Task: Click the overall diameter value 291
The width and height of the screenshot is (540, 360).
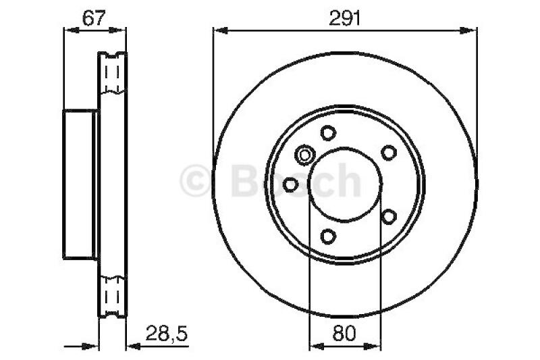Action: tap(344, 19)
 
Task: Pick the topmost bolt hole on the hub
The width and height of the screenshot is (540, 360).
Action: tap(328, 132)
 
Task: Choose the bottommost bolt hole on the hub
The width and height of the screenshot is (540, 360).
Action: tap(328, 236)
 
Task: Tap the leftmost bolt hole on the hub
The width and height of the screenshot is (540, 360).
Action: tap(291, 184)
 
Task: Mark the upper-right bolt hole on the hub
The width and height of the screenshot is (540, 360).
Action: tap(388, 153)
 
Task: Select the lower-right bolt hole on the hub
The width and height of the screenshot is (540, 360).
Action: tap(388, 216)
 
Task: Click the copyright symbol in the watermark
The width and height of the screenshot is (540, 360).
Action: tap(197, 181)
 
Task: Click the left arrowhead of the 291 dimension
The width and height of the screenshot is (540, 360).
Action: tap(218, 29)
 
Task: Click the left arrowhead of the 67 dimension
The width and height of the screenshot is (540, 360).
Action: tap(68, 29)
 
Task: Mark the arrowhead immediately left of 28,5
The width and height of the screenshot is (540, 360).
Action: tap(132, 347)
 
